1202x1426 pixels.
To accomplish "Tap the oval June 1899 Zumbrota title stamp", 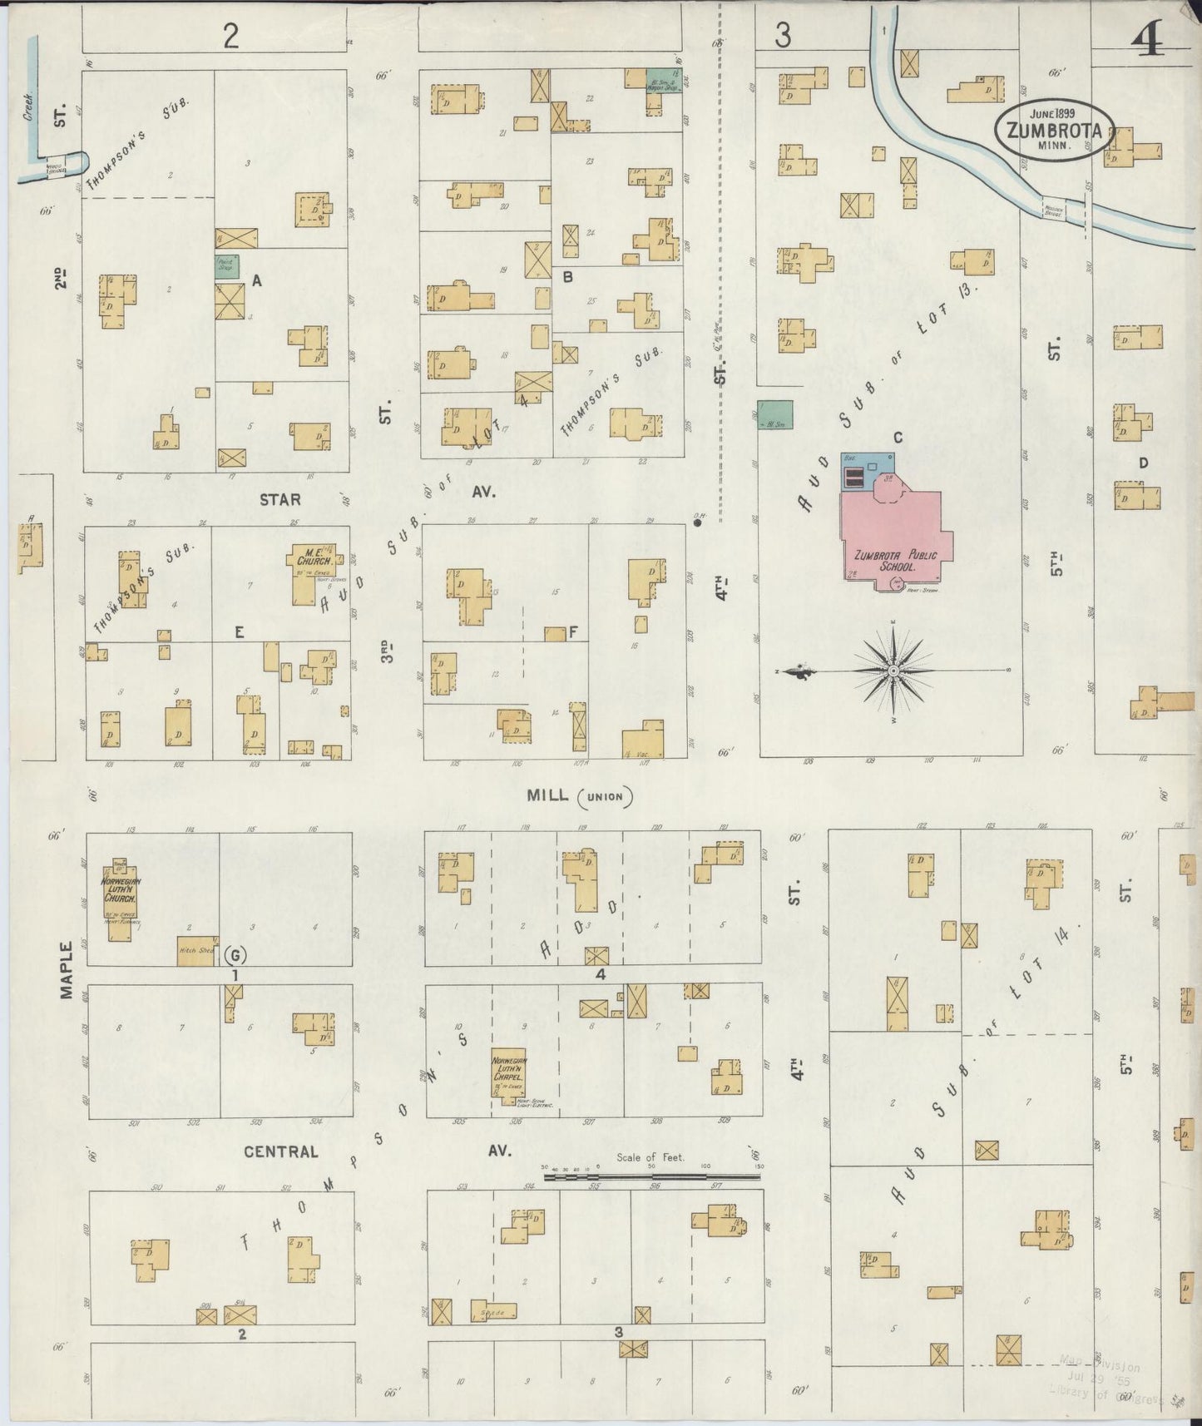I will (1055, 131).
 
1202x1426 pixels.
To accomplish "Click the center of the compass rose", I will (893, 670).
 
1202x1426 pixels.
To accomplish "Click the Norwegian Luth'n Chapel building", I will (508, 1074).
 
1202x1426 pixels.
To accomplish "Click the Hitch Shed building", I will (197, 951).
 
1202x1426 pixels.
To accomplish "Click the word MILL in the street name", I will (547, 796).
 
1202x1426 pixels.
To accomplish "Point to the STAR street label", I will (279, 500).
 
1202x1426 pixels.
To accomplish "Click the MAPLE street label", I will (67, 970).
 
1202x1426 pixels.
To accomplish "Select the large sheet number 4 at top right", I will (1148, 37).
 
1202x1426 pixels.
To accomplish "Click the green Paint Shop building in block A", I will (227, 266).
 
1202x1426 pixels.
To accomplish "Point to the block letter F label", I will (573, 633).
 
